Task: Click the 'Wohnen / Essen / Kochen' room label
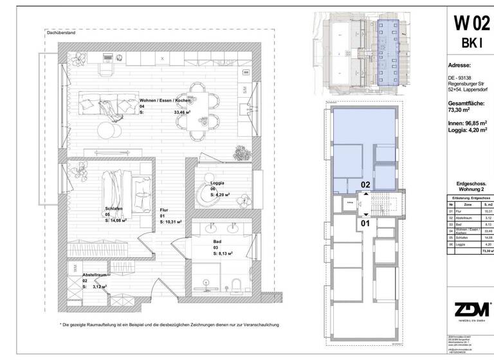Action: click(x=165, y=101)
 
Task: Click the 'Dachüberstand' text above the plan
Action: click(x=62, y=32)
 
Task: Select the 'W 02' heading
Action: click(x=469, y=24)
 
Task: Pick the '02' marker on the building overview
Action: click(x=364, y=184)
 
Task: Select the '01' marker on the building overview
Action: click(x=364, y=223)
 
